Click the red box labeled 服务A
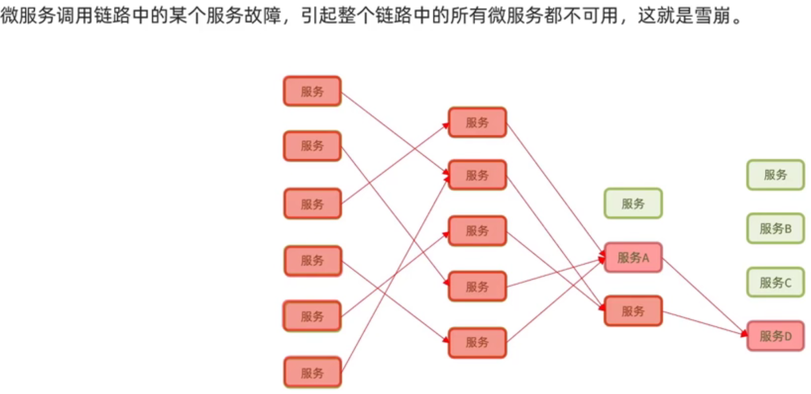coord(633,258)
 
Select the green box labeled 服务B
coord(775,229)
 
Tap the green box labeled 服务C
coord(775,282)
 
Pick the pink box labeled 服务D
coord(775,336)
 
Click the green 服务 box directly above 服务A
coord(633,204)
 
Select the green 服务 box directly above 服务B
coord(775,175)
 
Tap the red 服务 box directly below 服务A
coord(633,311)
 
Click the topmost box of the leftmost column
coord(312,91)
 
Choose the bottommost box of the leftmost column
coord(312,373)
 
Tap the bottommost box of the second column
coord(477,343)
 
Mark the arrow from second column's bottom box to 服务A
coord(556,301)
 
